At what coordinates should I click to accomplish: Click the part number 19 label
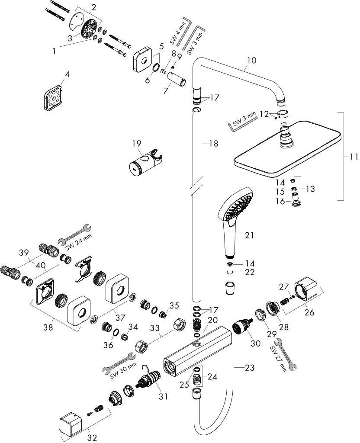pyautogui.click(x=136, y=143)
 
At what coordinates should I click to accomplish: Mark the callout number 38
pyautogui.click(x=48, y=328)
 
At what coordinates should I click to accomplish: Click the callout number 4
pyautogui.click(x=67, y=74)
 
